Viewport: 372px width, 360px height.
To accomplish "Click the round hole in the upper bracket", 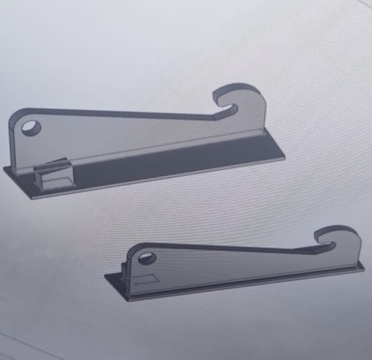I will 31,127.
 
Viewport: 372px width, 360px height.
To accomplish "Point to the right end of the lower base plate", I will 363,267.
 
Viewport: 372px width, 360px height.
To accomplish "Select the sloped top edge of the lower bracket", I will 226,248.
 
